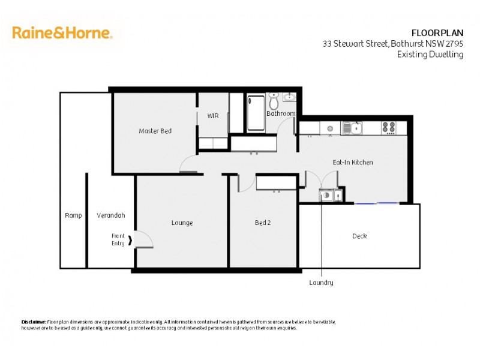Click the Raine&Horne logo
coord(62,33)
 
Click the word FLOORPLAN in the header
coord(437,32)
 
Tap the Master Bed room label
coord(155,131)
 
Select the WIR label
coord(213,116)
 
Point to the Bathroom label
coord(281,113)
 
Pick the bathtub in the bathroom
coord(256,112)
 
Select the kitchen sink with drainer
coord(351,128)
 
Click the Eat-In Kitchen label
coord(353,163)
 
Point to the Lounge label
coord(182,223)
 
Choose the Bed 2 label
coord(263,223)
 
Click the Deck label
coord(359,236)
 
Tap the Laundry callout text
coord(321,283)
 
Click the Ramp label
coord(73,215)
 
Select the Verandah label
coord(110,215)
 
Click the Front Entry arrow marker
coord(131,240)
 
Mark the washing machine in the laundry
coord(326,194)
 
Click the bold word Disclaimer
coord(34,322)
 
